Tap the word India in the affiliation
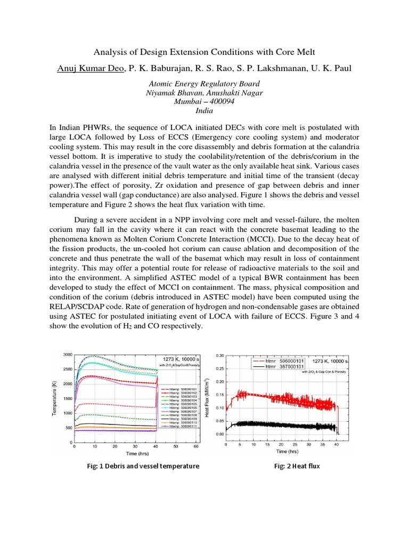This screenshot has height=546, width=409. [x=204, y=111]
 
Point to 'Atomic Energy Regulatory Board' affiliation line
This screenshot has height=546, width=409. [x=204, y=84]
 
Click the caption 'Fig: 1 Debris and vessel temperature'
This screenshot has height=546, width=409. [x=143, y=465]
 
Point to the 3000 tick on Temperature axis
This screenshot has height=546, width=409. [x=67, y=355]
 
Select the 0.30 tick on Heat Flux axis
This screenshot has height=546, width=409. [x=219, y=355]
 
